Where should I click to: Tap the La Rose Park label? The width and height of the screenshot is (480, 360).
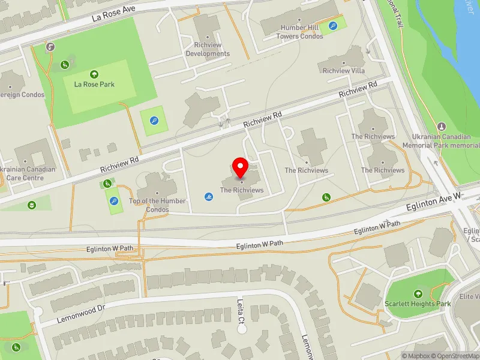point(94,85)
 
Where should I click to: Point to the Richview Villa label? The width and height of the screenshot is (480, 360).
point(344,71)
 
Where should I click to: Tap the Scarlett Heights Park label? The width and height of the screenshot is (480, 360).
point(418,304)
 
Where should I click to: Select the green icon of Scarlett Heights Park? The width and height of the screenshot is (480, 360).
point(418,293)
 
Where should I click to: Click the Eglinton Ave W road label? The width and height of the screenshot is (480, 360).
point(434,202)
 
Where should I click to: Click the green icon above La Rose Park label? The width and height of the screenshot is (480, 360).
point(94,74)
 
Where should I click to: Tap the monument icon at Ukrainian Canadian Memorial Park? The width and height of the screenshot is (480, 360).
point(442,127)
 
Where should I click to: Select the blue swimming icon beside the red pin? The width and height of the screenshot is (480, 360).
point(208,196)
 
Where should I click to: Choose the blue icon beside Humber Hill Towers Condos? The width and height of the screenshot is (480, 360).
point(333,26)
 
